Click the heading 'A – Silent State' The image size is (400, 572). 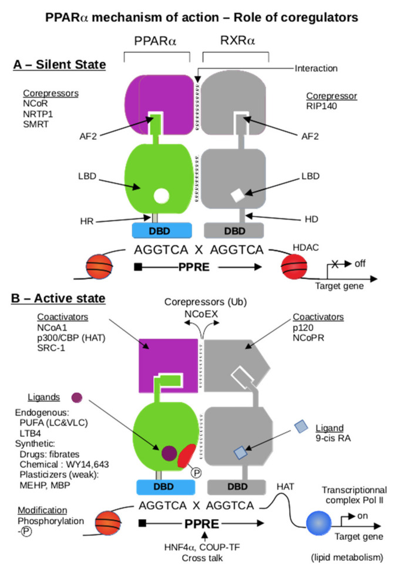[59, 64]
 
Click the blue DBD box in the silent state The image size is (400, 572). [156, 230]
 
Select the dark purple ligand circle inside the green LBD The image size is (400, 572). [169, 452]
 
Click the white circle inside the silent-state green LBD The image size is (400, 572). [160, 196]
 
